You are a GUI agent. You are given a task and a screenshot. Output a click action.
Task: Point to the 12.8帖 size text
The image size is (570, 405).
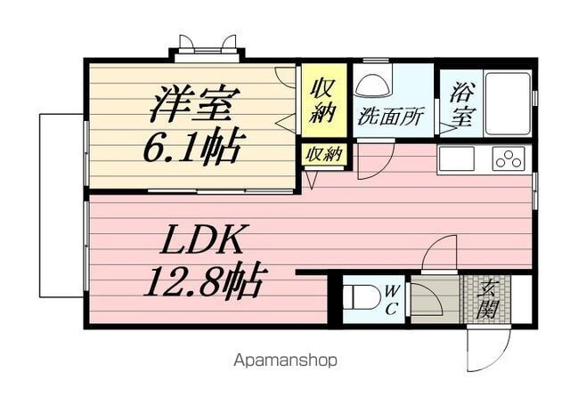coord(203,283)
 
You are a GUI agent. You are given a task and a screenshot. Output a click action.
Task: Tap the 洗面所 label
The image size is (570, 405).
coord(392,117)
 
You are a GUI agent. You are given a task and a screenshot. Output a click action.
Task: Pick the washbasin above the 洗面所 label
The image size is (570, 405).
coord(371,85)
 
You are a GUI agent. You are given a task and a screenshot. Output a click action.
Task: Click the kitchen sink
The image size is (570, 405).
coord(457,158)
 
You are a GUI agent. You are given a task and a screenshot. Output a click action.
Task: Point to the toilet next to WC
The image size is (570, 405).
coord(359,296)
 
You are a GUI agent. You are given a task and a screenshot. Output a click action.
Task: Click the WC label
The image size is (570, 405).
coord(392,298)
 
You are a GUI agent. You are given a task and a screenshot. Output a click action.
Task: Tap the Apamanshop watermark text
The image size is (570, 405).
coord(285,360)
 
